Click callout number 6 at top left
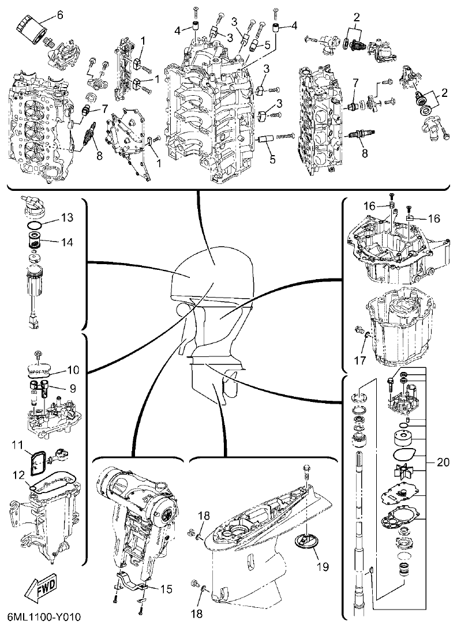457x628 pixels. click(x=60, y=16)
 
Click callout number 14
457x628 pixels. click(x=68, y=243)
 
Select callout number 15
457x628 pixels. click(x=166, y=589)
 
